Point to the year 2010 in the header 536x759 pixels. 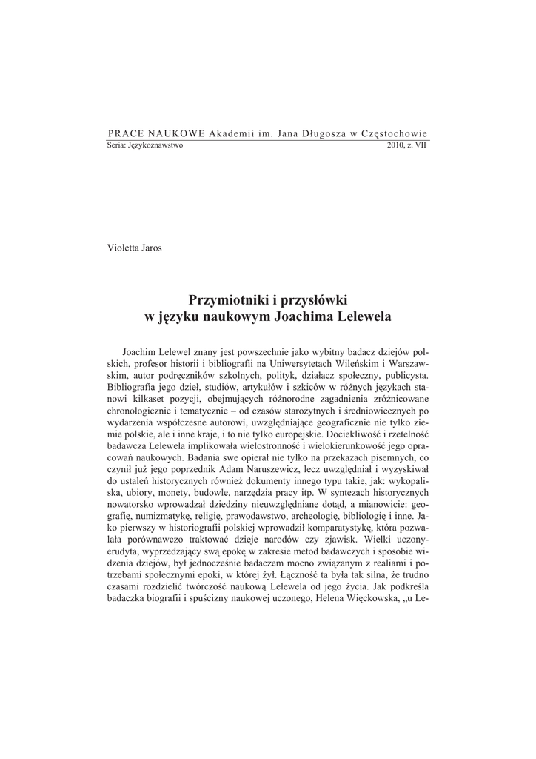click(x=396, y=145)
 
